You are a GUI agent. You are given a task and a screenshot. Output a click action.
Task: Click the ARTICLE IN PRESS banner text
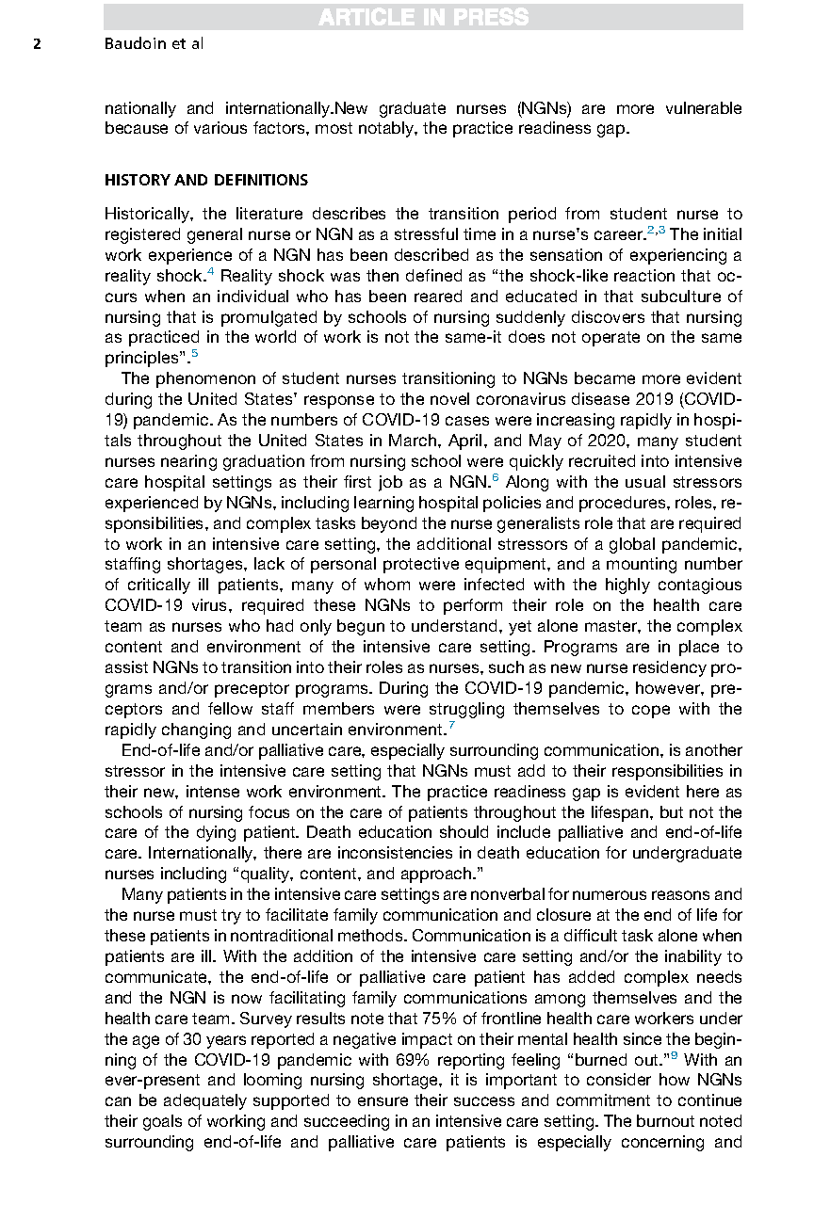[x=423, y=17]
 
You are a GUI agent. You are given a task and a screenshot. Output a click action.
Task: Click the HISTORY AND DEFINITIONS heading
[x=206, y=180]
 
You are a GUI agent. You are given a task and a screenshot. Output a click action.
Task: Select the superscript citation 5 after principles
[x=194, y=354]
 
